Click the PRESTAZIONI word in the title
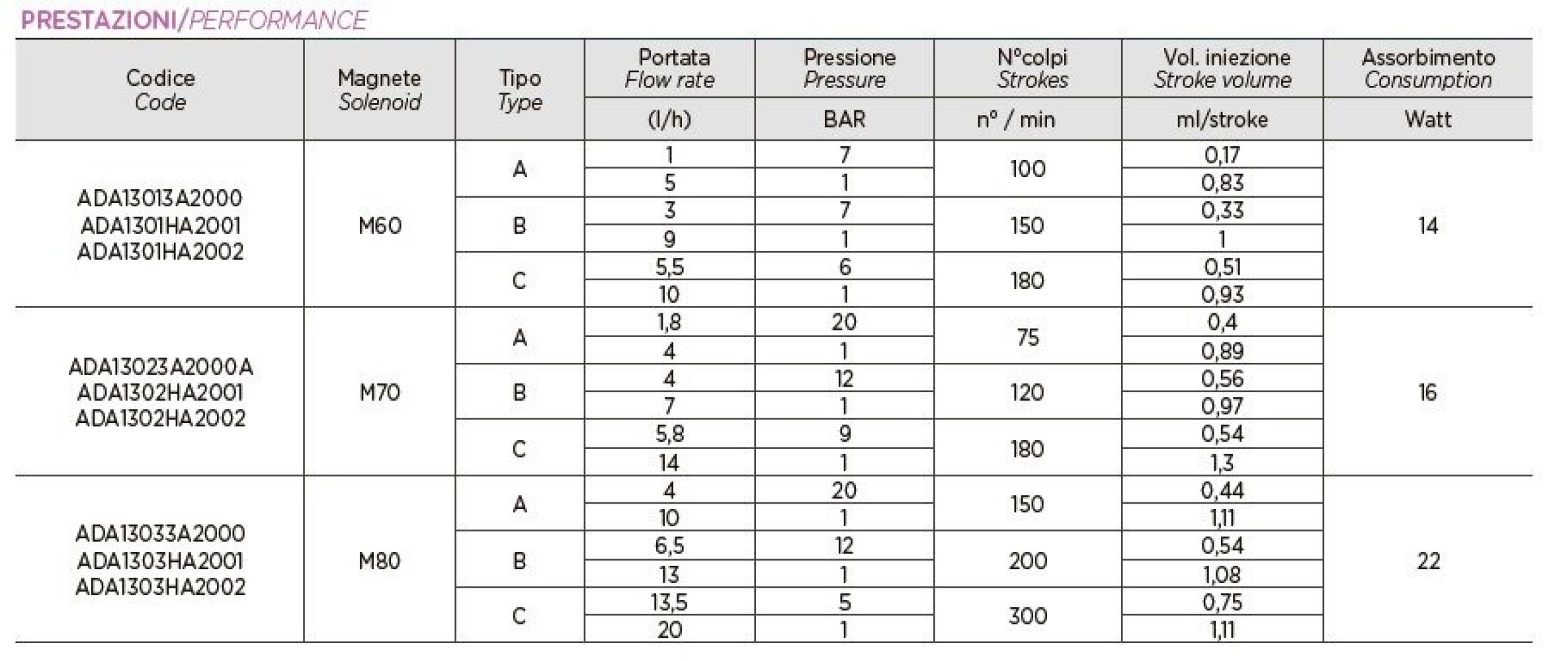(x=98, y=20)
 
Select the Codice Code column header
(x=160, y=90)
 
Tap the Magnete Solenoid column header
(x=380, y=90)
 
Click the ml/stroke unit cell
(x=1222, y=120)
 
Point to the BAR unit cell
(x=844, y=120)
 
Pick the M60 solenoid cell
(x=380, y=226)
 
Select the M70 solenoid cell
(x=380, y=393)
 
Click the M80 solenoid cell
(x=380, y=561)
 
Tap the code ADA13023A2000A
(x=161, y=367)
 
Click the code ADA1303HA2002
(x=161, y=587)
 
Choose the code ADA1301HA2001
(x=161, y=226)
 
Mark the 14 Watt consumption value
(x=1427, y=226)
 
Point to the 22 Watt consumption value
(x=1427, y=561)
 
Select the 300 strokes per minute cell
(x=1027, y=616)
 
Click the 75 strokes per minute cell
(x=1027, y=338)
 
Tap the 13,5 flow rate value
(x=669, y=602)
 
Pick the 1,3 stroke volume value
(x=1222, y=463)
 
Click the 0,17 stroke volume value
(x=1222, y=155)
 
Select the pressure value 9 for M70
(x=844, y=434)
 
